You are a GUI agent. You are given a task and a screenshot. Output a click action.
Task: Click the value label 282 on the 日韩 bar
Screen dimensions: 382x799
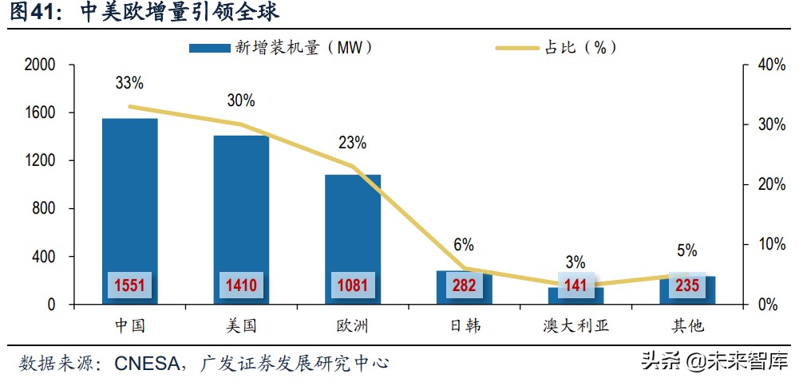point(464,286)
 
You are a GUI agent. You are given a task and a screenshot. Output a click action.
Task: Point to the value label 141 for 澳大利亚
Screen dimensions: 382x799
point(576,286)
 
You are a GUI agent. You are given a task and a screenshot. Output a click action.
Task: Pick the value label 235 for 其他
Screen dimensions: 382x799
point(686,286)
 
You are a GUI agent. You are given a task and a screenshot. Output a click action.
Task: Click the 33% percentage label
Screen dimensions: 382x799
point(129,83)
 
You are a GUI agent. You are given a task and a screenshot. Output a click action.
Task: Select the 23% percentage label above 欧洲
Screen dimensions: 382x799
point(352,143)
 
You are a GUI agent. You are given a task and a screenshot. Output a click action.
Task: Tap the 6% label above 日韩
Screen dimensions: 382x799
point(464,244)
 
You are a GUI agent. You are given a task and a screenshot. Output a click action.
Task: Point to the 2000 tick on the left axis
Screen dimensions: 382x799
point(39,65)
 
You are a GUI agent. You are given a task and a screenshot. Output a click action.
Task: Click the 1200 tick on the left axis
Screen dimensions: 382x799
point(39,160)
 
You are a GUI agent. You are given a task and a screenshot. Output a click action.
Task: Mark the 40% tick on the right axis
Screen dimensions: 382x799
point(770,65)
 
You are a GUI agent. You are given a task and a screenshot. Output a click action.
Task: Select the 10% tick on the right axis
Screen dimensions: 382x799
point(770,244)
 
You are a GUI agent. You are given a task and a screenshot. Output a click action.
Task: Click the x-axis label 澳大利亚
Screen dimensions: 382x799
point(576,326)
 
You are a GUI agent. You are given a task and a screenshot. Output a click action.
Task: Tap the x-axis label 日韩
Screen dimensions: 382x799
point(464,326)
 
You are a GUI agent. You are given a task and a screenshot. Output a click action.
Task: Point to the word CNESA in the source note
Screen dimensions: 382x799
point(148,363)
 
